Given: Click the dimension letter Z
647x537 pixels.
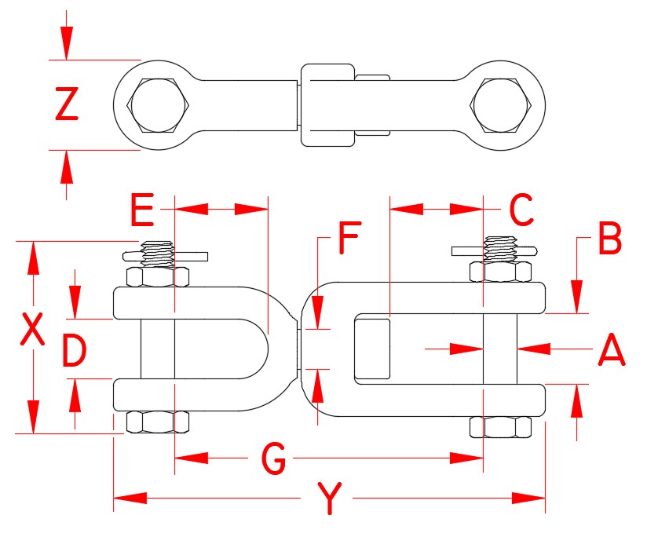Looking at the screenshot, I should click(x=67, y=105).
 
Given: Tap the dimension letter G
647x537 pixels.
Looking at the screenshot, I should click(x=272, y=459).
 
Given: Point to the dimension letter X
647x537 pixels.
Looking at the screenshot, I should click(x=32, y=331).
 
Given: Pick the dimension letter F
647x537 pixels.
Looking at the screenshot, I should click(x=351, y=239).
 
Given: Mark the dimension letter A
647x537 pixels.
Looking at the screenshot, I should click(x=611, y=350).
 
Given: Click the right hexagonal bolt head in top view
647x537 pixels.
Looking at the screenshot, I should click(x=502, y=105).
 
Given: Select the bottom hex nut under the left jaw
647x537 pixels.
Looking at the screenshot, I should click(x=157, y=422).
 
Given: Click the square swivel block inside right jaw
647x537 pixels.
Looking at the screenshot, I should click(x=374, y=347).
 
